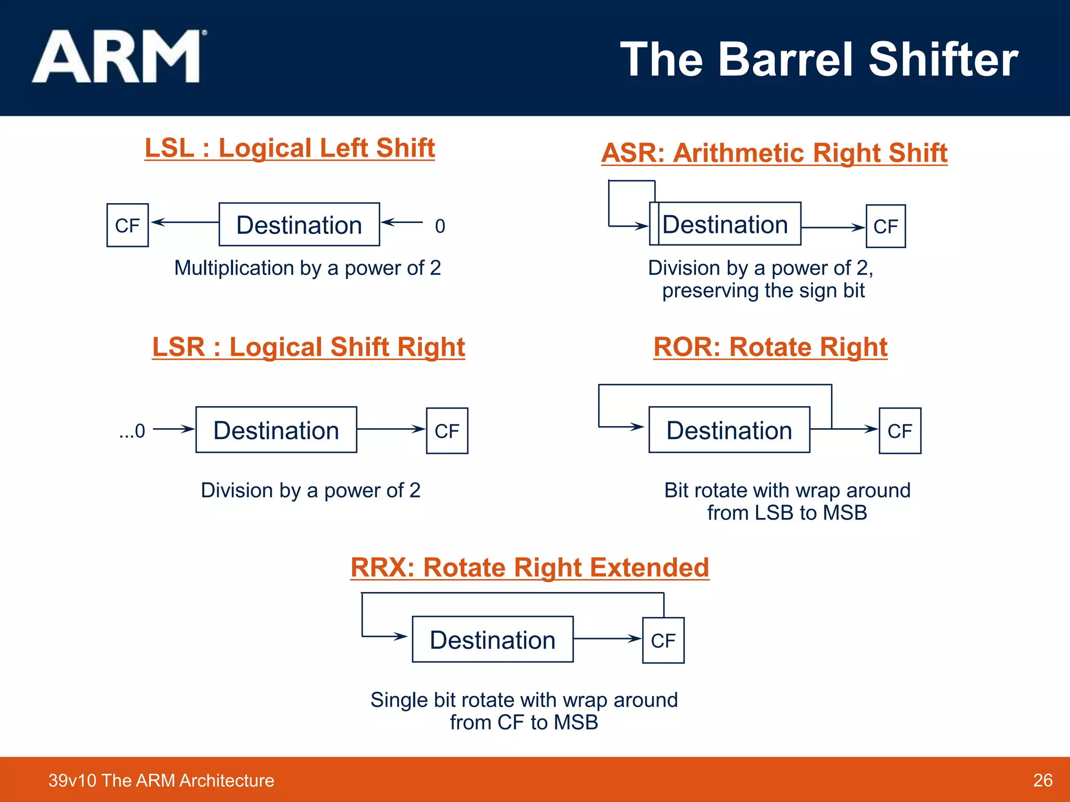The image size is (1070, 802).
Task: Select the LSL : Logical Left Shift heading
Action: click(x=289, y=148)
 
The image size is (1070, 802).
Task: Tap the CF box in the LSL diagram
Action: click(x=127, y=225)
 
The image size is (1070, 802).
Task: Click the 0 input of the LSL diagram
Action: click(x=440, y=226)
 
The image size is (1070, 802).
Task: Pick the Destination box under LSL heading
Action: click(x=299, y=225)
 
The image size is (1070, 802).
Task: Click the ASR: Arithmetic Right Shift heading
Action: click(x=774, y=153)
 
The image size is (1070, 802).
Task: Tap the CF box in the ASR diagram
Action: click(x=886, y=226)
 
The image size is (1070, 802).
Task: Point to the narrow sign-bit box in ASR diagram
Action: click(x=654, y=224)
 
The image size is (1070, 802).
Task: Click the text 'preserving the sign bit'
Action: click(x=763, y=291)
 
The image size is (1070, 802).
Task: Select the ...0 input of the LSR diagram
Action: click(x=132, y=431)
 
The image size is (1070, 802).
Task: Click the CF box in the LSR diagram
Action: click(x=447, y=431)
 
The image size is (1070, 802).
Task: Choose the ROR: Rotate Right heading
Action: click(x=770, y=347)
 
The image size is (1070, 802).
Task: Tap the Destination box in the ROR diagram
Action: click(x=729, y=430)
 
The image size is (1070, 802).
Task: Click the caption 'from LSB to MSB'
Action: click(x=787, y=513)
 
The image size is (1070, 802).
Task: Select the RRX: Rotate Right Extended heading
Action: click(x=529, y=568)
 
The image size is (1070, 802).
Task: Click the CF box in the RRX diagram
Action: click(x=663, y=640)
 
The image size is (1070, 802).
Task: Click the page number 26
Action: click(x=1042, y=780)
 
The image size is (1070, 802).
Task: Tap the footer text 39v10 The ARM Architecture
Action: click(x=161, y=780)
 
